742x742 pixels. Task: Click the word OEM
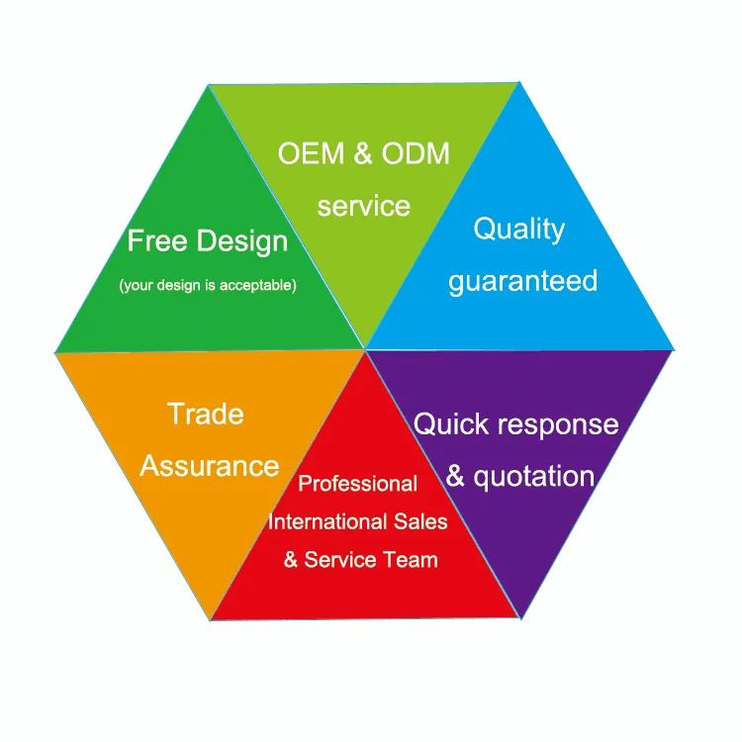(311, 153)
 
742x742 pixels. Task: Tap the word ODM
(416, 153)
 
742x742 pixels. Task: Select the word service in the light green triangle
(363, 207)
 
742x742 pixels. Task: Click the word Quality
(519, 231)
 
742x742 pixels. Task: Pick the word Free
(157, 240)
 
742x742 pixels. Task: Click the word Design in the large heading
(241, 242)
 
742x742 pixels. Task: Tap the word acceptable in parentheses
(258, 285)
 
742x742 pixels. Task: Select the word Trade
(206, 415)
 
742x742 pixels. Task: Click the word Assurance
(209, 466)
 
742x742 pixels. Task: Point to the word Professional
(358, 484)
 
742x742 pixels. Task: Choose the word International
(327, 521)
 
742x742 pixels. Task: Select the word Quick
(444, 424)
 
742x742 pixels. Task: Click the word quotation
(534, 477)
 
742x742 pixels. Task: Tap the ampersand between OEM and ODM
(363, 153)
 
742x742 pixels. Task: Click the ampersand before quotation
(455, 476)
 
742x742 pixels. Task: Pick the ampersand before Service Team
(291, 560)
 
